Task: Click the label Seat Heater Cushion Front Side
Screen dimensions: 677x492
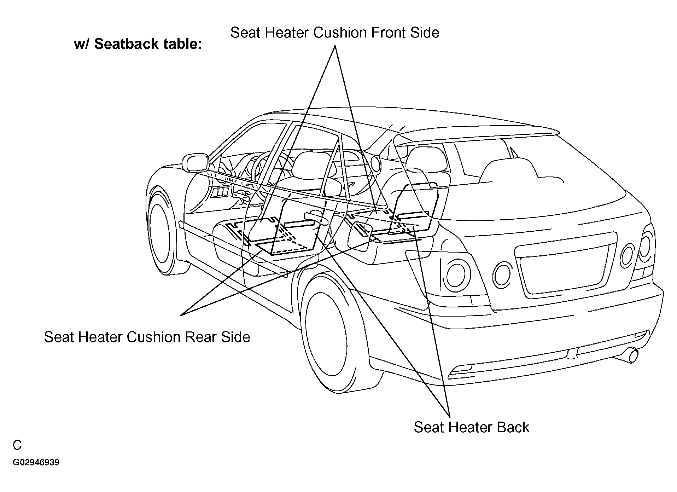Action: coord(334,33)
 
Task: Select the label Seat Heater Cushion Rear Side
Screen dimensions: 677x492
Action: coord(147,337)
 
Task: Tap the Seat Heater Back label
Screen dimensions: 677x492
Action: coord(471,427)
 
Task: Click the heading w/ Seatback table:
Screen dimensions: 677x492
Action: coord(138,45)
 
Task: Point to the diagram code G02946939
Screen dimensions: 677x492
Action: coord(36,463)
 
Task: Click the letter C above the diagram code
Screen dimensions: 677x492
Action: coord(17,445)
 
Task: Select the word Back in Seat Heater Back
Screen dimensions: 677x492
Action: coord(513,427)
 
